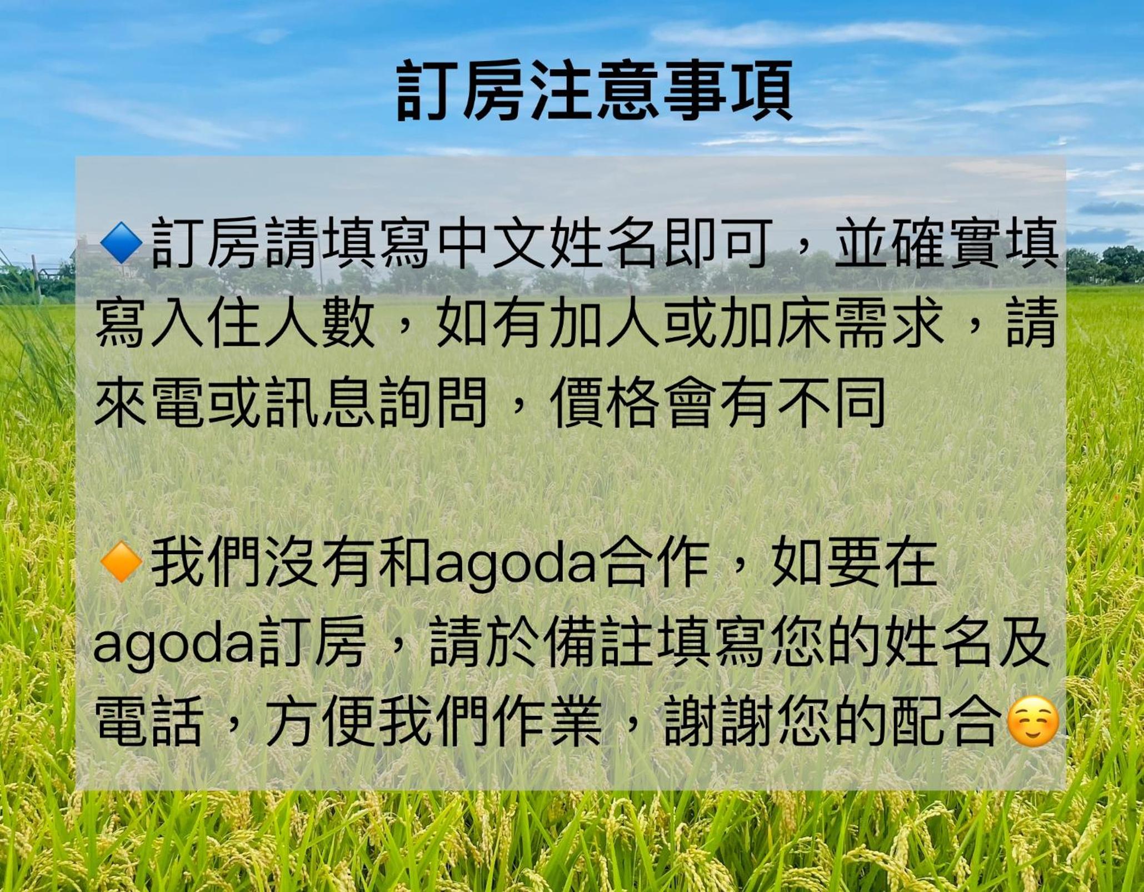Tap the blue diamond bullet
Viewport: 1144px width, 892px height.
pos(121,243)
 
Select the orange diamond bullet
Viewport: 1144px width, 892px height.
pos(121,562)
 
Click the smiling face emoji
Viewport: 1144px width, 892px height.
pos(1033,722)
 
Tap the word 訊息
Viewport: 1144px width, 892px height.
pos(319,403)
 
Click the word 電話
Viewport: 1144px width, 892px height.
pos(148,723)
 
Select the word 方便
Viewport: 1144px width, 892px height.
pos(319,723)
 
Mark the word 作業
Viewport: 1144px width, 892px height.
pos(547,723)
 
